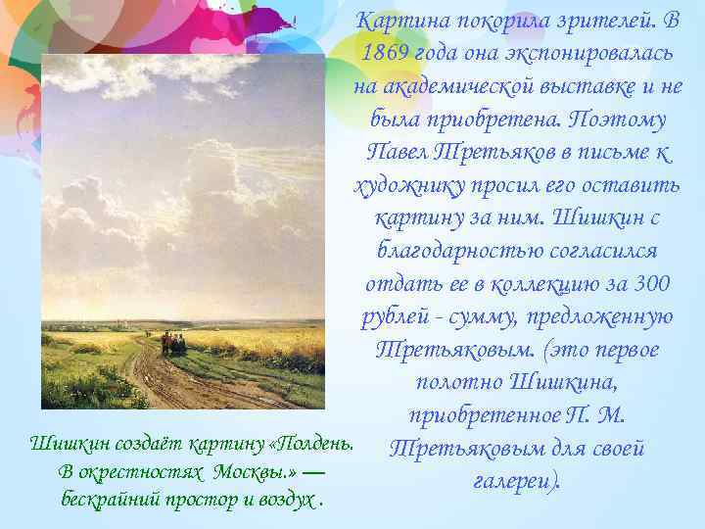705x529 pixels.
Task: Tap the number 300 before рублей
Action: coord(651,284)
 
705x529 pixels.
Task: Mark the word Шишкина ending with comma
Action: coord(574,383)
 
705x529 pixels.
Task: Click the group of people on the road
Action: coord(172,342)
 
